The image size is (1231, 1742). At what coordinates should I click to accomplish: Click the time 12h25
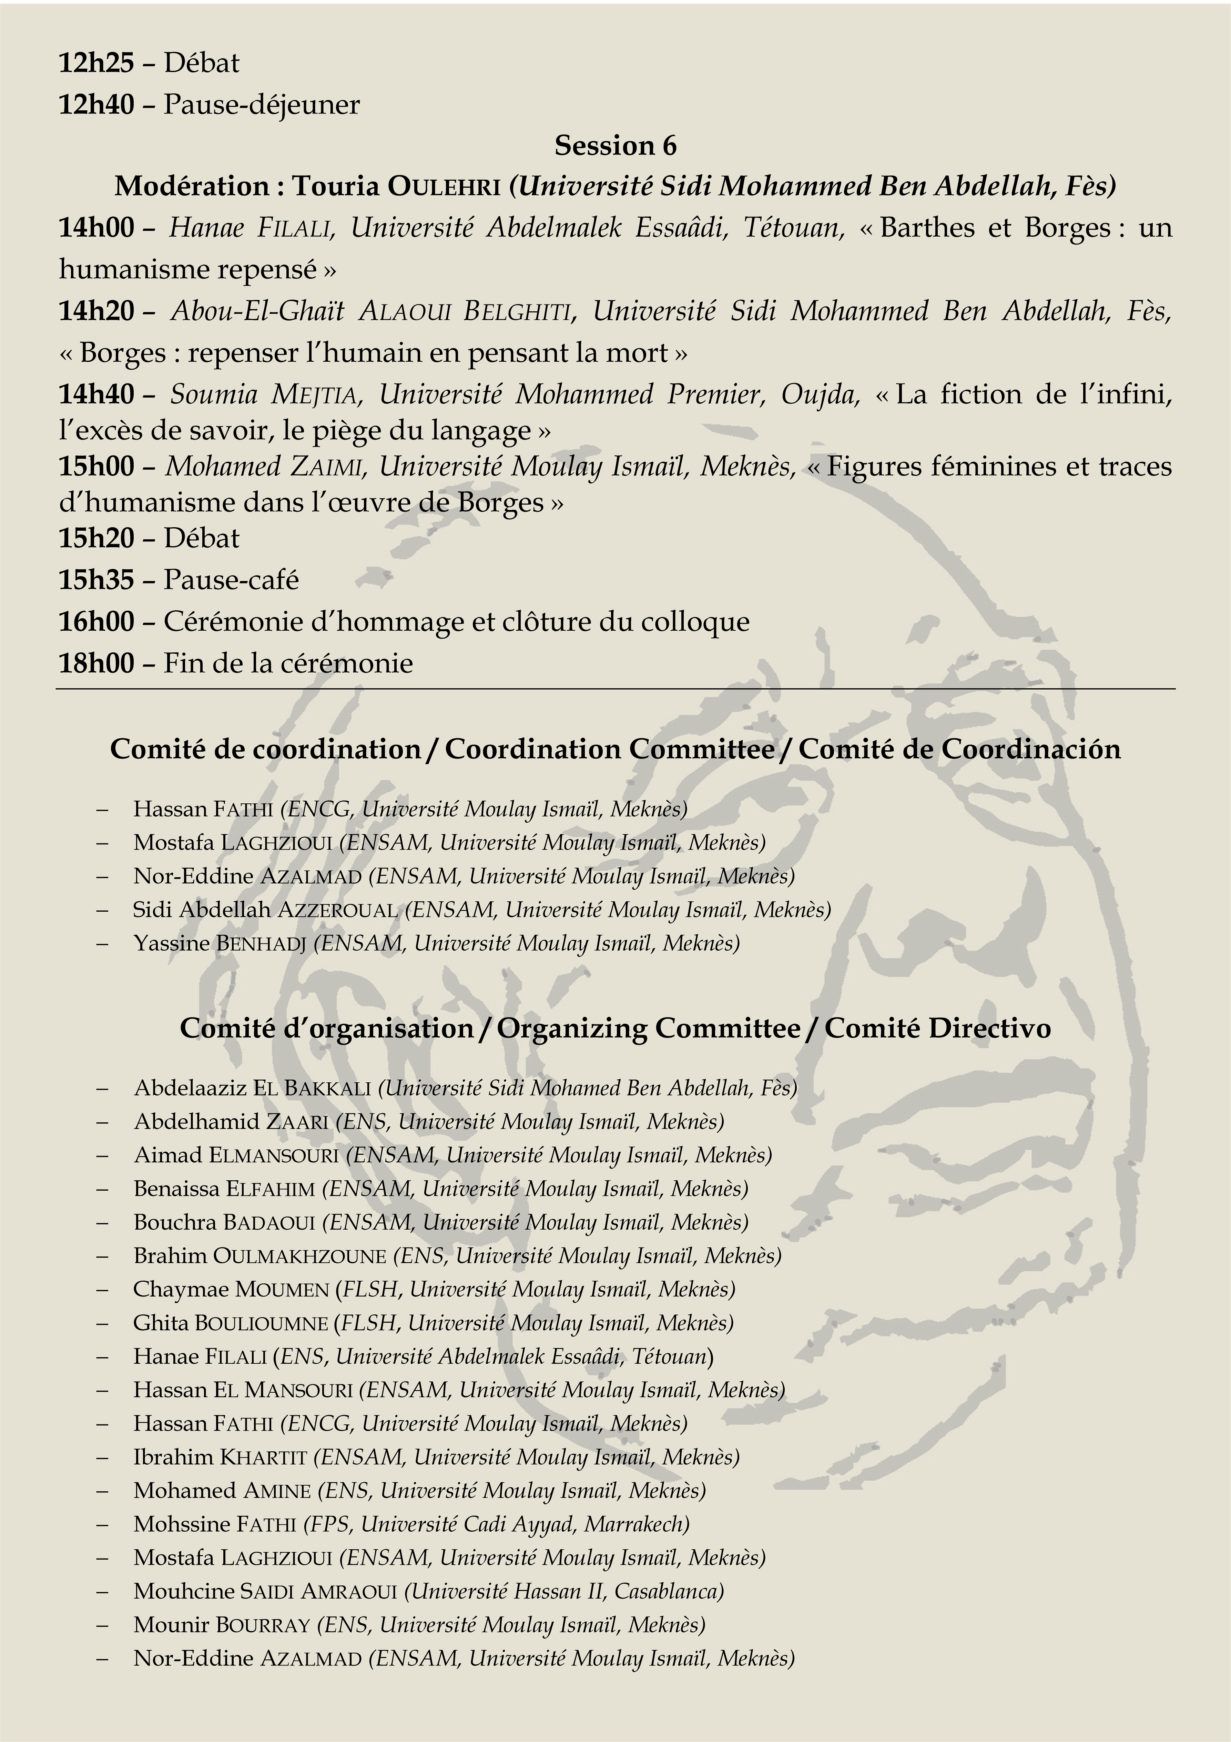click(96, 63)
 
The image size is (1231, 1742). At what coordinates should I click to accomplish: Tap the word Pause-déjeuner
click(262, 105)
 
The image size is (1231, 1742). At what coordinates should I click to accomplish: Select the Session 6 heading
click(615, 145)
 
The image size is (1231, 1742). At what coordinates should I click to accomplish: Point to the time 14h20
click(96, 311)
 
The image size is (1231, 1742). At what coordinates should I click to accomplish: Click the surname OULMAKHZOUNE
click(299, 1256)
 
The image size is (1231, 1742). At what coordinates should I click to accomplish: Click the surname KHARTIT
click(262, 1457)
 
